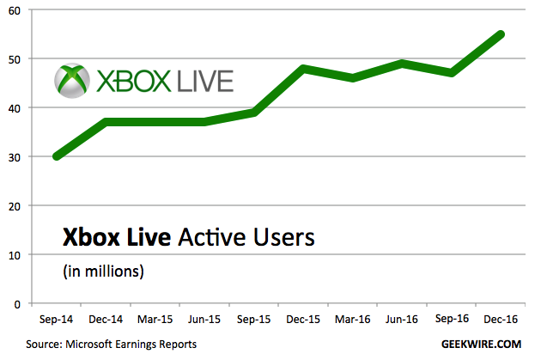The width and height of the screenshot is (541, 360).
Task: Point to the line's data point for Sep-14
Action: (x=57, y=156)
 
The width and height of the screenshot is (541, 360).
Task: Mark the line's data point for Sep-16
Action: (x=452, y=74)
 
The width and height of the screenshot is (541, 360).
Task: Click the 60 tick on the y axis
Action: (x=15, y=10)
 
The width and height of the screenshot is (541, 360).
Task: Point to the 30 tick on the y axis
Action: (x=15, y=157)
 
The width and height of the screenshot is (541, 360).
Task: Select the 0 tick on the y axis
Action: (x=18, y=304)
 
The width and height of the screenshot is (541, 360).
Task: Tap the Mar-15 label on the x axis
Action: (x=155, y=320)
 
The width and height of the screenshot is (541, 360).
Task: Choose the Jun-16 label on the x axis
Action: (x=402, y=320)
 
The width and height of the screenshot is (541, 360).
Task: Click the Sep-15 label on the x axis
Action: (x=254, y=320)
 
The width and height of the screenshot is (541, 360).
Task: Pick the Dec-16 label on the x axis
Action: (x=501, y=320)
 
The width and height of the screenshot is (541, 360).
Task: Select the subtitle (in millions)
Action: (x=102, y=272)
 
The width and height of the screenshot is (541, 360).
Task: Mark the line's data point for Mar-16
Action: (x=353, y=78)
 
